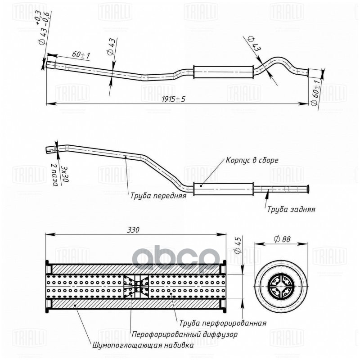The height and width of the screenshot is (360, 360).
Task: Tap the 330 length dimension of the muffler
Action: [133, 229]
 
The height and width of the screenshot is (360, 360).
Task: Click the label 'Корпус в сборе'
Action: [252, 160]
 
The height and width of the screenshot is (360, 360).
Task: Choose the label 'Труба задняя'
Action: [291, 209]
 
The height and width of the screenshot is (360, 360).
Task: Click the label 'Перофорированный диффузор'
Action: [184, 335]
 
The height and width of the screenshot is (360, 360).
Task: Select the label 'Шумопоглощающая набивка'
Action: [143, 346]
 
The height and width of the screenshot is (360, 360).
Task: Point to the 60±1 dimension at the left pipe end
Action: [81, 55]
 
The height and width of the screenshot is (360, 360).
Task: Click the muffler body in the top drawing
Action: [223, 71]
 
